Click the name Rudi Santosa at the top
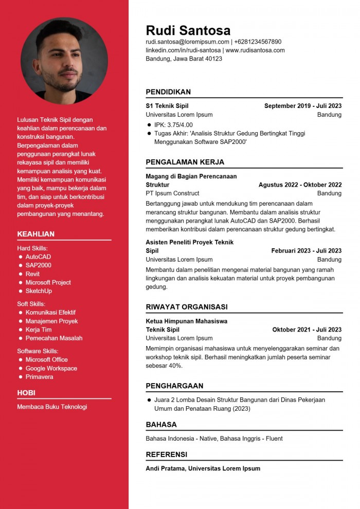pyautogui.click(x=188, y=30)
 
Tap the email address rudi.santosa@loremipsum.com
pyautogui.click(x=187, y=42)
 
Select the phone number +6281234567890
pyautogui.click(x=258, y=42)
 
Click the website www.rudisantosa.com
pyautogui.click(x=255, y=50)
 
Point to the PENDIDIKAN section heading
pyautogui.click(x=168, y=92)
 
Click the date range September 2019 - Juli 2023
pyautogui.click(x=303, y=106)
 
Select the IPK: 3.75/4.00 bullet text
pyautogui.click(x=173, y=124)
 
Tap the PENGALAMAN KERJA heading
pyautogui.click(x=185, y=162)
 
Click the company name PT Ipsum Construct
pyautogui.click(x=172, y=193)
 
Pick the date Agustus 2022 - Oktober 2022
pyautogui.click(x=300, y=185)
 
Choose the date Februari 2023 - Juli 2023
pyautogui.click(x=307, y=251)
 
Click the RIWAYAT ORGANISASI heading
pyautogui.click(x=186, y=307)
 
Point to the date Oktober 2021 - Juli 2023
pyautogui.click(x=307, y=330)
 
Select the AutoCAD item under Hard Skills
pyautogui.click(x=38, y=257)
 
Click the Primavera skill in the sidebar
pyautogui.click(x=39, y=377)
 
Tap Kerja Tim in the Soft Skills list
pyautogui.click(x=39, y=330)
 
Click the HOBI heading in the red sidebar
pyautogui.click(x=26, y=393)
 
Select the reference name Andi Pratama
pyautogui.click(x=166, y=468)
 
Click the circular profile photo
pyautogui.click(x=64, y=61)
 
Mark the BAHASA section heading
pyautogui.click(x=161, y=425)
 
